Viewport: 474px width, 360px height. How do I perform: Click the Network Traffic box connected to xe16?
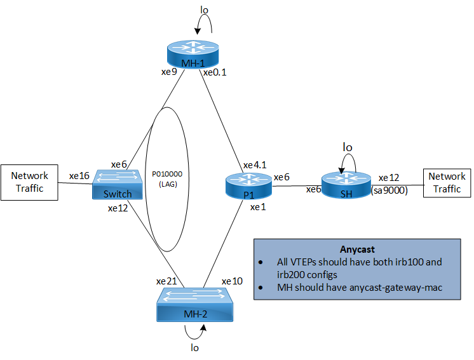pyautogui.click(x=30, y=182)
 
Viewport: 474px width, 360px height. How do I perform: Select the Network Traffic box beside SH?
pyautogui.click(x=447, y=182)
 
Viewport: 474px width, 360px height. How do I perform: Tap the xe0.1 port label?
pyautogui.click(x=215, y=72)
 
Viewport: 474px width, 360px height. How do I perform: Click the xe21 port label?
pyautogui.click(x=166, y=281)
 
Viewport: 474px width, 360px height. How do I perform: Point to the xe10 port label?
pyautogui.click(x=232, y=281)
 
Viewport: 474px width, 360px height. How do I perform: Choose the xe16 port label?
pyautogui.click(x=79, y=175)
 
